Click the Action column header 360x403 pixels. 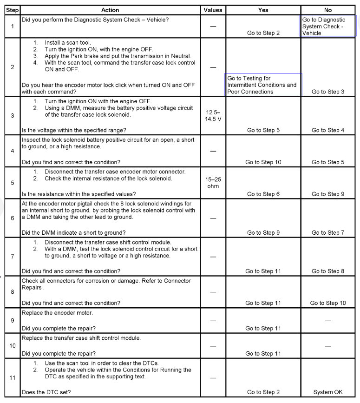click(x=110, y=10)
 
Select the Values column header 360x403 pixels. click(x=213, y=10)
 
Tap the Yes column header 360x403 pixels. click(x=263, y=10)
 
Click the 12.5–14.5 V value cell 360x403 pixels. click(x=213, y=116)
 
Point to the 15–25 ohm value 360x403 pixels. click(x=213, y=183)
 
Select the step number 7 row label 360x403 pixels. click(x=12, y=257)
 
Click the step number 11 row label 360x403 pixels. click(x=12, y=377)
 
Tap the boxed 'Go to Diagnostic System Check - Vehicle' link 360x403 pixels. click(x=328, y=26)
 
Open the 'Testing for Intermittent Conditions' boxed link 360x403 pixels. click(x=262, y=85)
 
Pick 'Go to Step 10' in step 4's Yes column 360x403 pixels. click(x=263, y=162)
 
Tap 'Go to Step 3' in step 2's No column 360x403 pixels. click(x=328, y=92)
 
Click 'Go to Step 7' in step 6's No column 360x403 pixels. click(x=328, y=232)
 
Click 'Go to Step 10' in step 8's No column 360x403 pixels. click(x=328, y=303)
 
